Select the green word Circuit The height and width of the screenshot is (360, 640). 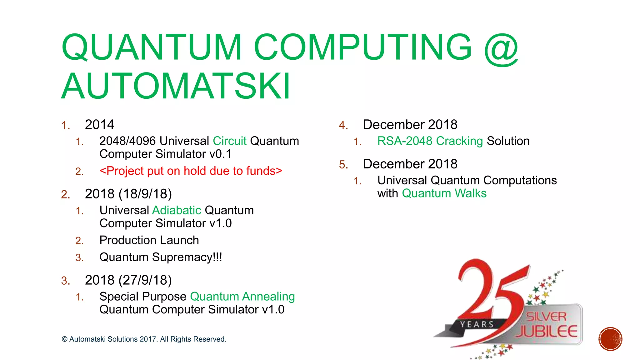[230, 141]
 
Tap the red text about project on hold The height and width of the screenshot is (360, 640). [191, 171]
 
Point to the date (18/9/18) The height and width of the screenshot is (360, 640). [145, 194]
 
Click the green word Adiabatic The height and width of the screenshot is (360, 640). [177, 210]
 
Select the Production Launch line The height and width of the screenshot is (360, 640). [149, 240]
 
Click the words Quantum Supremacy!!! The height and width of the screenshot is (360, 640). [161, 257]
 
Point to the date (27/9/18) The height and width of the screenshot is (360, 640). [145, 280]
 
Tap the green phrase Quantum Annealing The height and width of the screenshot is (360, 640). [242, 297]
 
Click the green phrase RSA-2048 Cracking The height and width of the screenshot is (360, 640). [430, 141]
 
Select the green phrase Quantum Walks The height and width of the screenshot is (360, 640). [444, 193]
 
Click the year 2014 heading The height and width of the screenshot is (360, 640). [99, 125]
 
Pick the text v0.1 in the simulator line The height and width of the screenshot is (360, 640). [220, 154]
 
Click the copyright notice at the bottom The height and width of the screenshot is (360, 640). [144, 339]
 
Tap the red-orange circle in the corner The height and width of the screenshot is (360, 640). [610, 339]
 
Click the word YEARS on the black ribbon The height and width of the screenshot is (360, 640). [477, 325]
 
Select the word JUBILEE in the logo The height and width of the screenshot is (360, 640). [547, 332]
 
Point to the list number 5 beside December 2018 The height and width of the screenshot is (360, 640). [343, 165]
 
